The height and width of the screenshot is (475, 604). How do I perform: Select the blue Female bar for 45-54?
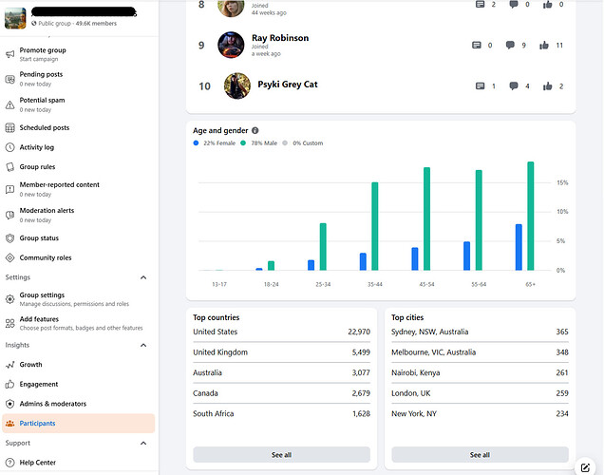(x=415, y=259)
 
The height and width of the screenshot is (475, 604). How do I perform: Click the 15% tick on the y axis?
(x=562, y=182)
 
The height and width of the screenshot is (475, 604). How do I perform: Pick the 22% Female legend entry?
(x=215, y=143)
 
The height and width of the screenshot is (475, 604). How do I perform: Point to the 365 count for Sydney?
(x=561, y=332)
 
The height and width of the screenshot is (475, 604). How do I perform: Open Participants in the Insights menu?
(x=37, y=423)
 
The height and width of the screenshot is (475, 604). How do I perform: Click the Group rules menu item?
(x=37, y=166)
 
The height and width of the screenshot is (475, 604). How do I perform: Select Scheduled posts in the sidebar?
(x=45, y=127)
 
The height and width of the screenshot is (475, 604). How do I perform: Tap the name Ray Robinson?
(x=280, y=38)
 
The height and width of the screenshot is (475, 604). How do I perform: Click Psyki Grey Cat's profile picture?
(x=236, y=85)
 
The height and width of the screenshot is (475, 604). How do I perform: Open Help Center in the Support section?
(x=39, y=463)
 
